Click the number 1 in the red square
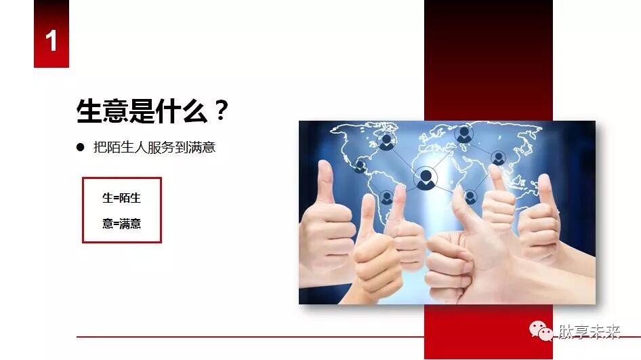[x=51, y=41]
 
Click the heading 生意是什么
[x=143, y=111]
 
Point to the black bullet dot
[x=80, y=146]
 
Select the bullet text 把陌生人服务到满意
[x=154, y=146]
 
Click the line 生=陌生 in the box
[x=121, y=198]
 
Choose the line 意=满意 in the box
[x=121, y=224]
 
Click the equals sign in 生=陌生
[x=115, y=198]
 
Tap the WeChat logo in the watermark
[x=541, y=332]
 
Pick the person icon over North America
[x=386, y=141]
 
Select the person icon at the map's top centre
[x=464, y=134]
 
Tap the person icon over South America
[x=387, y=197]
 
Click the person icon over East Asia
[x=499, y=158]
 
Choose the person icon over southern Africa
[x=470, y=197]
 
